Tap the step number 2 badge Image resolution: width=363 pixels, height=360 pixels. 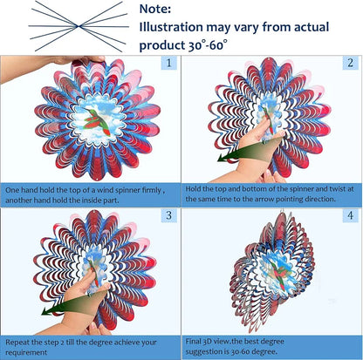click(349, 63)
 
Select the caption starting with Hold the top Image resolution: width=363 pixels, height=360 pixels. click(271, 194)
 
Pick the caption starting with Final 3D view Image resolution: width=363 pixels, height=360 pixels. click(271, 346)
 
